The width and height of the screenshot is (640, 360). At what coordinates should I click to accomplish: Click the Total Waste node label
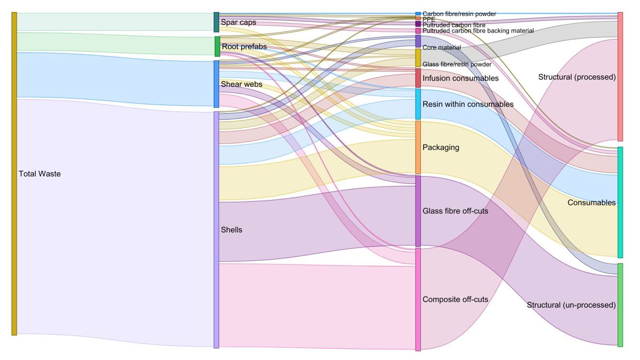(39, 174)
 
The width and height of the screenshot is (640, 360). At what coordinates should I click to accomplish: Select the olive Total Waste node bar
(14, 174)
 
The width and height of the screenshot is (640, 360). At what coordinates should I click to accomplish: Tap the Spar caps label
(238, 22)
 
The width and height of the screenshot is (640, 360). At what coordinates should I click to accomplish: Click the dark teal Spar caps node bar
(217, 22)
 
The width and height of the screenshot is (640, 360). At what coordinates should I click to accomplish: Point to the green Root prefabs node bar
(217, 46)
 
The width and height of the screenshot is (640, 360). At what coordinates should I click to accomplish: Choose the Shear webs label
(242, 84)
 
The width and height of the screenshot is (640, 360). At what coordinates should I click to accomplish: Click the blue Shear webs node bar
(217, 84)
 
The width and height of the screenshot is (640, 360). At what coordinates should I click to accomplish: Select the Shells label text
(231, 230)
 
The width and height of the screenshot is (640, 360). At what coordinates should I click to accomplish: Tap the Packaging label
(441, 147)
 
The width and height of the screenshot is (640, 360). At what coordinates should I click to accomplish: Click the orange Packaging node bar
(418, 147)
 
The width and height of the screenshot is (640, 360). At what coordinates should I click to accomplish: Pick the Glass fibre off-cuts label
(455, 211)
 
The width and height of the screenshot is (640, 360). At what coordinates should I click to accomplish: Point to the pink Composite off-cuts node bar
(418, 299)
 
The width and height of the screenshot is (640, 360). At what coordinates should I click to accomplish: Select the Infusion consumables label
(460, 78)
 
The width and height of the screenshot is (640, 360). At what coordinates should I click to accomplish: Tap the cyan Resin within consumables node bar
(418, 104)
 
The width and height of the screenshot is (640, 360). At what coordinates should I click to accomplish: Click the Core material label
(442, 47)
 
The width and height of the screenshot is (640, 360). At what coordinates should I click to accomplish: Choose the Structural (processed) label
(577, 77)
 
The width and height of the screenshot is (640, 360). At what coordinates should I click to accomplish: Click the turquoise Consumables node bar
(620, 202)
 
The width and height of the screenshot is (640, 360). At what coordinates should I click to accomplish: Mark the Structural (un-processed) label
(571, 305)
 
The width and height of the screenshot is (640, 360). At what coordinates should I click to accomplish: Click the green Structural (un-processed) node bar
(620, 305)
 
